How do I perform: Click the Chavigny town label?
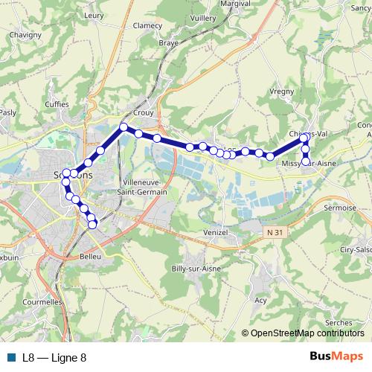click(26, 34)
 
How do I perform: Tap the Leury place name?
click(95, 14)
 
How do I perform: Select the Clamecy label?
click(147, 25)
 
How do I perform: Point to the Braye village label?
click(169, 43)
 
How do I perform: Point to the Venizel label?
click(217, 232)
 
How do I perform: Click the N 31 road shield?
click(275, 233)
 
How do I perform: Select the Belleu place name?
click(89, 257)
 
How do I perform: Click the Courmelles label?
click(41, 303)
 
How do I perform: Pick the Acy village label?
click(260, 301)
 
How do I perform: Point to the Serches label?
click(339, 323)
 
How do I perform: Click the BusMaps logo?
click(336, 357)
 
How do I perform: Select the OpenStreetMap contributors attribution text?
click(307, 334)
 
